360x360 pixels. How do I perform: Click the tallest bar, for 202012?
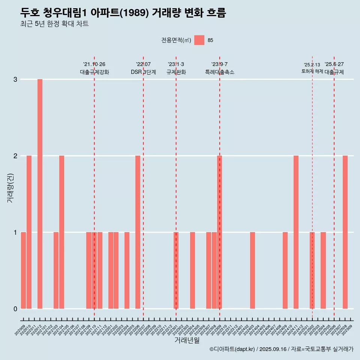coord(40,194)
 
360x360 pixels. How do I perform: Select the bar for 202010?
coord(29,232)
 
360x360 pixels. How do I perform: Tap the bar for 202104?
coord(61,232)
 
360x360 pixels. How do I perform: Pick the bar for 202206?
coord(138,232)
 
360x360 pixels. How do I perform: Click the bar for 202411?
coord(296,232)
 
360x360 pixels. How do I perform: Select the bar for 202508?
coord(345,232)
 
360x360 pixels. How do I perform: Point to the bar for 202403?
coord(252,270)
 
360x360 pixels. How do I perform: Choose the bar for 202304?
coord(192,270)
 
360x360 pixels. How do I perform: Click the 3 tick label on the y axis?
coord(15,79)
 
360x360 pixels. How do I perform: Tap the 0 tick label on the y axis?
coord(15,309)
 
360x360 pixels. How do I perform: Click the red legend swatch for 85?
coord(199,40)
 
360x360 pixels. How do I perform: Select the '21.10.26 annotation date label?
coord(94,64)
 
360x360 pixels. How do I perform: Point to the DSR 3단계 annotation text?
coord(143,72)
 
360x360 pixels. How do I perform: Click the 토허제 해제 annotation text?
coord(312,71)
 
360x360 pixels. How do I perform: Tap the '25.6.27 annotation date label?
coord(334,64)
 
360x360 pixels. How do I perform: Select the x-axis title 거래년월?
coord(187,340)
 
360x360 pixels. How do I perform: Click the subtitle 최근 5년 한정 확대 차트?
coord(55,24)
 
